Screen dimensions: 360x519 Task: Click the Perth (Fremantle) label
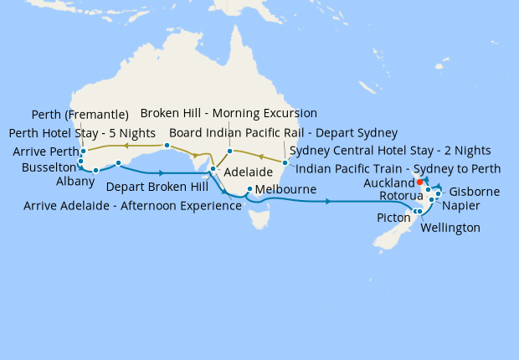(80, 115)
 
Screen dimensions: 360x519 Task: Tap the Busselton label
(39, 167)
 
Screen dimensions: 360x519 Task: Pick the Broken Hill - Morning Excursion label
(229, 113)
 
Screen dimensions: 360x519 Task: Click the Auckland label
(389, 183)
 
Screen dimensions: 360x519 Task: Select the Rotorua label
(395, 196)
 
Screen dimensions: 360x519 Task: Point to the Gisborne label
(475, 192)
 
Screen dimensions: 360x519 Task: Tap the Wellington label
(450, 228)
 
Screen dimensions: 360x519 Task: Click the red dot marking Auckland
(419, 181)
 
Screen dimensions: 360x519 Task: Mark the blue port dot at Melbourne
(250, 188)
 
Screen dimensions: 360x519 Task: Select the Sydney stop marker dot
(285, 162)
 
